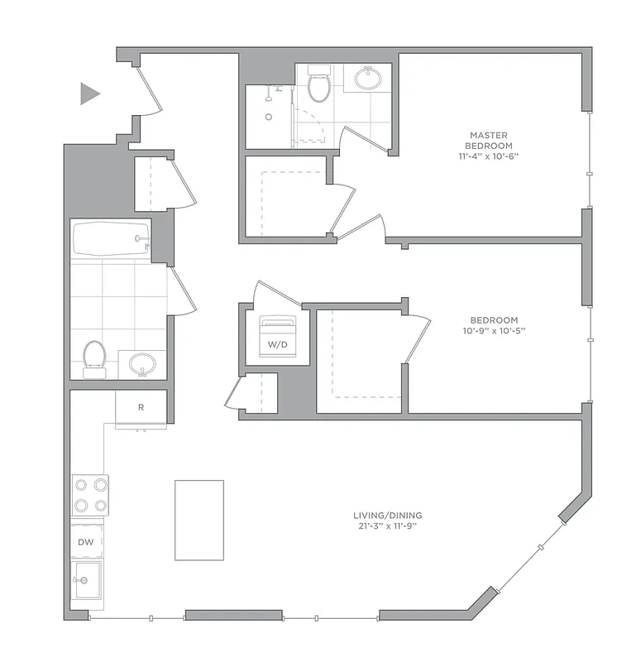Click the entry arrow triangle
(x=88, y=94)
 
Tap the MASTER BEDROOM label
(x=488, y=140)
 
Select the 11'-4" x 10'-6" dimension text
(x=488, y=156)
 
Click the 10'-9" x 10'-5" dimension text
(x=494, y=331)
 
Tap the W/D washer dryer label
(x=272, y=343)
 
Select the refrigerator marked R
(x=141, y=407)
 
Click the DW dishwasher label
(x=86, y=542)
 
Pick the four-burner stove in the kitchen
(x=90, y=495)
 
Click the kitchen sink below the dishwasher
(x=86, y=581)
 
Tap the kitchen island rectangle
(x=199, y=520)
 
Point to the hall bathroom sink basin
(x=143, y=363)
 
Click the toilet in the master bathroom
(x=318, y=84)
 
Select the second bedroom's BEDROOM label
(x=494, y=320)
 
